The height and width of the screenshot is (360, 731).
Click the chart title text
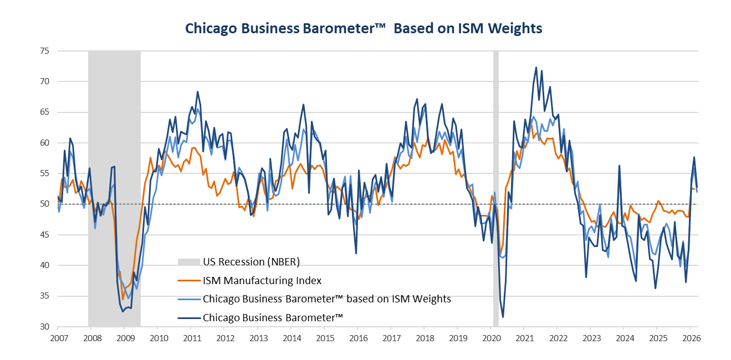tap(364, 28)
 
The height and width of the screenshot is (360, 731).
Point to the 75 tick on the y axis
tap(45, 51)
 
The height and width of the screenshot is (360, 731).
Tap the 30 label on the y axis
tap(45, 326)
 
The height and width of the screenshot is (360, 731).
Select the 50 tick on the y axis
tap(45, 204)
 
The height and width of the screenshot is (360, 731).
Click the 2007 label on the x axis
tap(59, 338)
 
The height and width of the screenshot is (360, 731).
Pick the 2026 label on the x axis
tap(691, 338)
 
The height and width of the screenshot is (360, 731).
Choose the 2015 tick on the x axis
tap(325, 338)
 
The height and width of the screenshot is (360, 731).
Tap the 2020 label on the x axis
tap(492, 338)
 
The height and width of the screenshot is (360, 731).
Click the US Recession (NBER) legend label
tap(251, 262)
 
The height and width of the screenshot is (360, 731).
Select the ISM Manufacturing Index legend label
tap(262, 280)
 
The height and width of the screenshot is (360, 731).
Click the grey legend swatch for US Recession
tap(188, 262)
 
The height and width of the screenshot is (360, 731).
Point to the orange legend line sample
tap(189, 280)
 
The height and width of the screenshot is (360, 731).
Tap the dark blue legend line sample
tap(189, 317)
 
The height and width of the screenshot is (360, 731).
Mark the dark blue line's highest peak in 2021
tap(536, 68)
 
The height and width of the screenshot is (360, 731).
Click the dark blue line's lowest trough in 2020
tap(503, 317)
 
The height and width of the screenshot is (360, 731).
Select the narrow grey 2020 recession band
tap(495, 188)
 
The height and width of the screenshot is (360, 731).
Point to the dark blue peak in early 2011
tap(197, 92)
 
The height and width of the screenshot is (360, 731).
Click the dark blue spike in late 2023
tap(619, 166)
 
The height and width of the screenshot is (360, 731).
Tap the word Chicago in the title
tap(211, 29)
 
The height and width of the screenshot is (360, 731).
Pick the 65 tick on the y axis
tap(45, 112)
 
